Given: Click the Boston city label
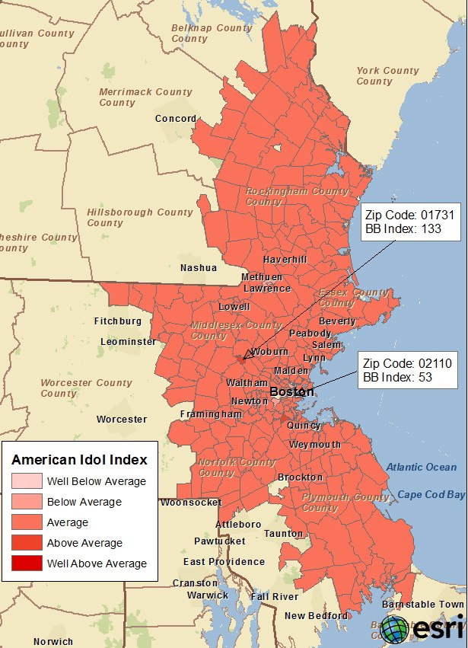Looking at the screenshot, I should tap(292, 391).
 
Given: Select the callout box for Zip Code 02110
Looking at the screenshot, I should tap(407, 370).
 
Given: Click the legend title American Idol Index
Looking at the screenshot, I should tap(79, 460).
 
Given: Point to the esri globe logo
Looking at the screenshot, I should tap(395, 630).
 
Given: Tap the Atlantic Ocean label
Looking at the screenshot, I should tap(421, 467).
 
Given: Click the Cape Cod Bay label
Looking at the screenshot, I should tap(431, 495).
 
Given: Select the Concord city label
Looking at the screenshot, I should tap(175, 119).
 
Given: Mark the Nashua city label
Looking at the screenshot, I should tap(198, 268).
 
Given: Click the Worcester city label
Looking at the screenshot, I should tap(122, 420).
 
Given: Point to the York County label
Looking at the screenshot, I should tap(387, 76).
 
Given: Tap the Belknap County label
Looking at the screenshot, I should tap(201, 34).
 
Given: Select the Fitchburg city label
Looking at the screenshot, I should tap(118, 321).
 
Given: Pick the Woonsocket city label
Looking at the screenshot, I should tap(191, 503).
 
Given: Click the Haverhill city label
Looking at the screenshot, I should tap(285, 260).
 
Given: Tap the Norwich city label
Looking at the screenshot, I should tap(53, 642).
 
